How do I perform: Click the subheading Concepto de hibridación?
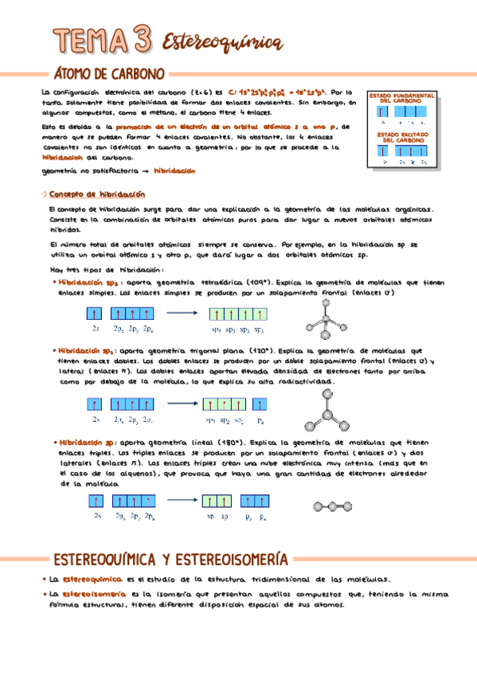coord(97,194)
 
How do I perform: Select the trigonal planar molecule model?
coord(324,410)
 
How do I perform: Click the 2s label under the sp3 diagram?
coord(95,328)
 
